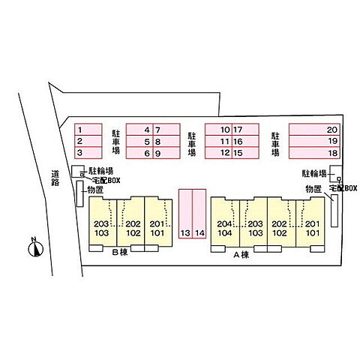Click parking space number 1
tap(88, 130)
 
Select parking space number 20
tap(314, 130)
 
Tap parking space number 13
tap(185, 214)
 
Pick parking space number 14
tap(199, 214)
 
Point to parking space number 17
tap(245, 130)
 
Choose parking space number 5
tap(139, 141)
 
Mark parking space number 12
tap(218, 153)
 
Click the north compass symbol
tap(35, 249)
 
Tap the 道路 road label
tap(55, 178)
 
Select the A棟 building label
tap(241, 255)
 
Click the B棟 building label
tap(120, 252)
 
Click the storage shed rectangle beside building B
tap(79, 193)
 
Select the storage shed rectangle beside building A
tap(334, 211)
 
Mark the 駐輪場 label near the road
tap(101, 171)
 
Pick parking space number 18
tap(314, 153)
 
